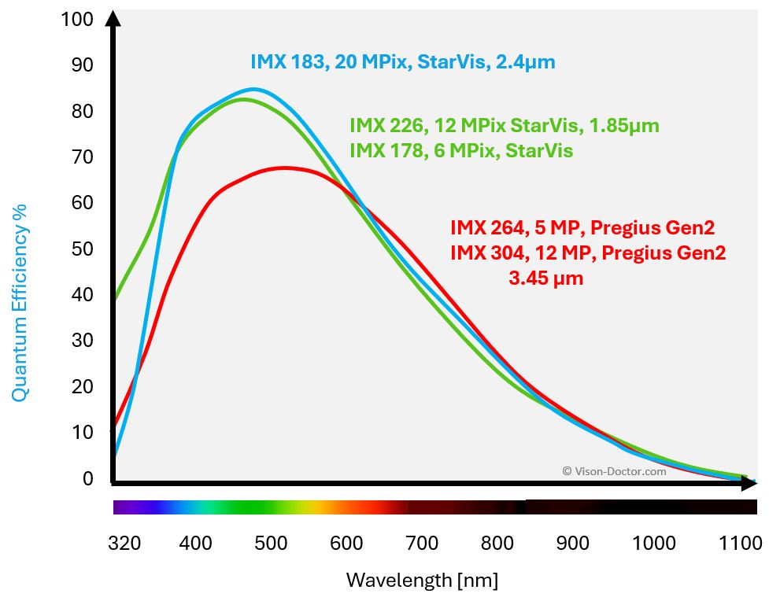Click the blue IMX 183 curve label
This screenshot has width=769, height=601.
(x=402, y=62)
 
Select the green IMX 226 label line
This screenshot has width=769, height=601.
(x=504, y=126)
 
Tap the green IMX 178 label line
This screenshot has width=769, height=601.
(x=460, y=149)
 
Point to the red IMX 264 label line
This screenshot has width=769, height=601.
(x=582, y=229)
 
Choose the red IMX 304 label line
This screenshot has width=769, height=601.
(x=587, y=253)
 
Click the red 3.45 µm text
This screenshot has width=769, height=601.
(x=546, y=278)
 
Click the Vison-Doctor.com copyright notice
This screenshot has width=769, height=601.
(x=614, y=471)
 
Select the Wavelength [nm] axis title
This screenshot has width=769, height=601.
(x=422, y=581)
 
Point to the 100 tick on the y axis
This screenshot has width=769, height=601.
(x=76, y=20)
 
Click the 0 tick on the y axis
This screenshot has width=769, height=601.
(x=87, y=478)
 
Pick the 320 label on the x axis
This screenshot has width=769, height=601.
(x=124, y=544)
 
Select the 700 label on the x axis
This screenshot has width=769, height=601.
(x=421, y=544)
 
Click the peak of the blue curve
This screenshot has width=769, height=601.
(x=252, y=90)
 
